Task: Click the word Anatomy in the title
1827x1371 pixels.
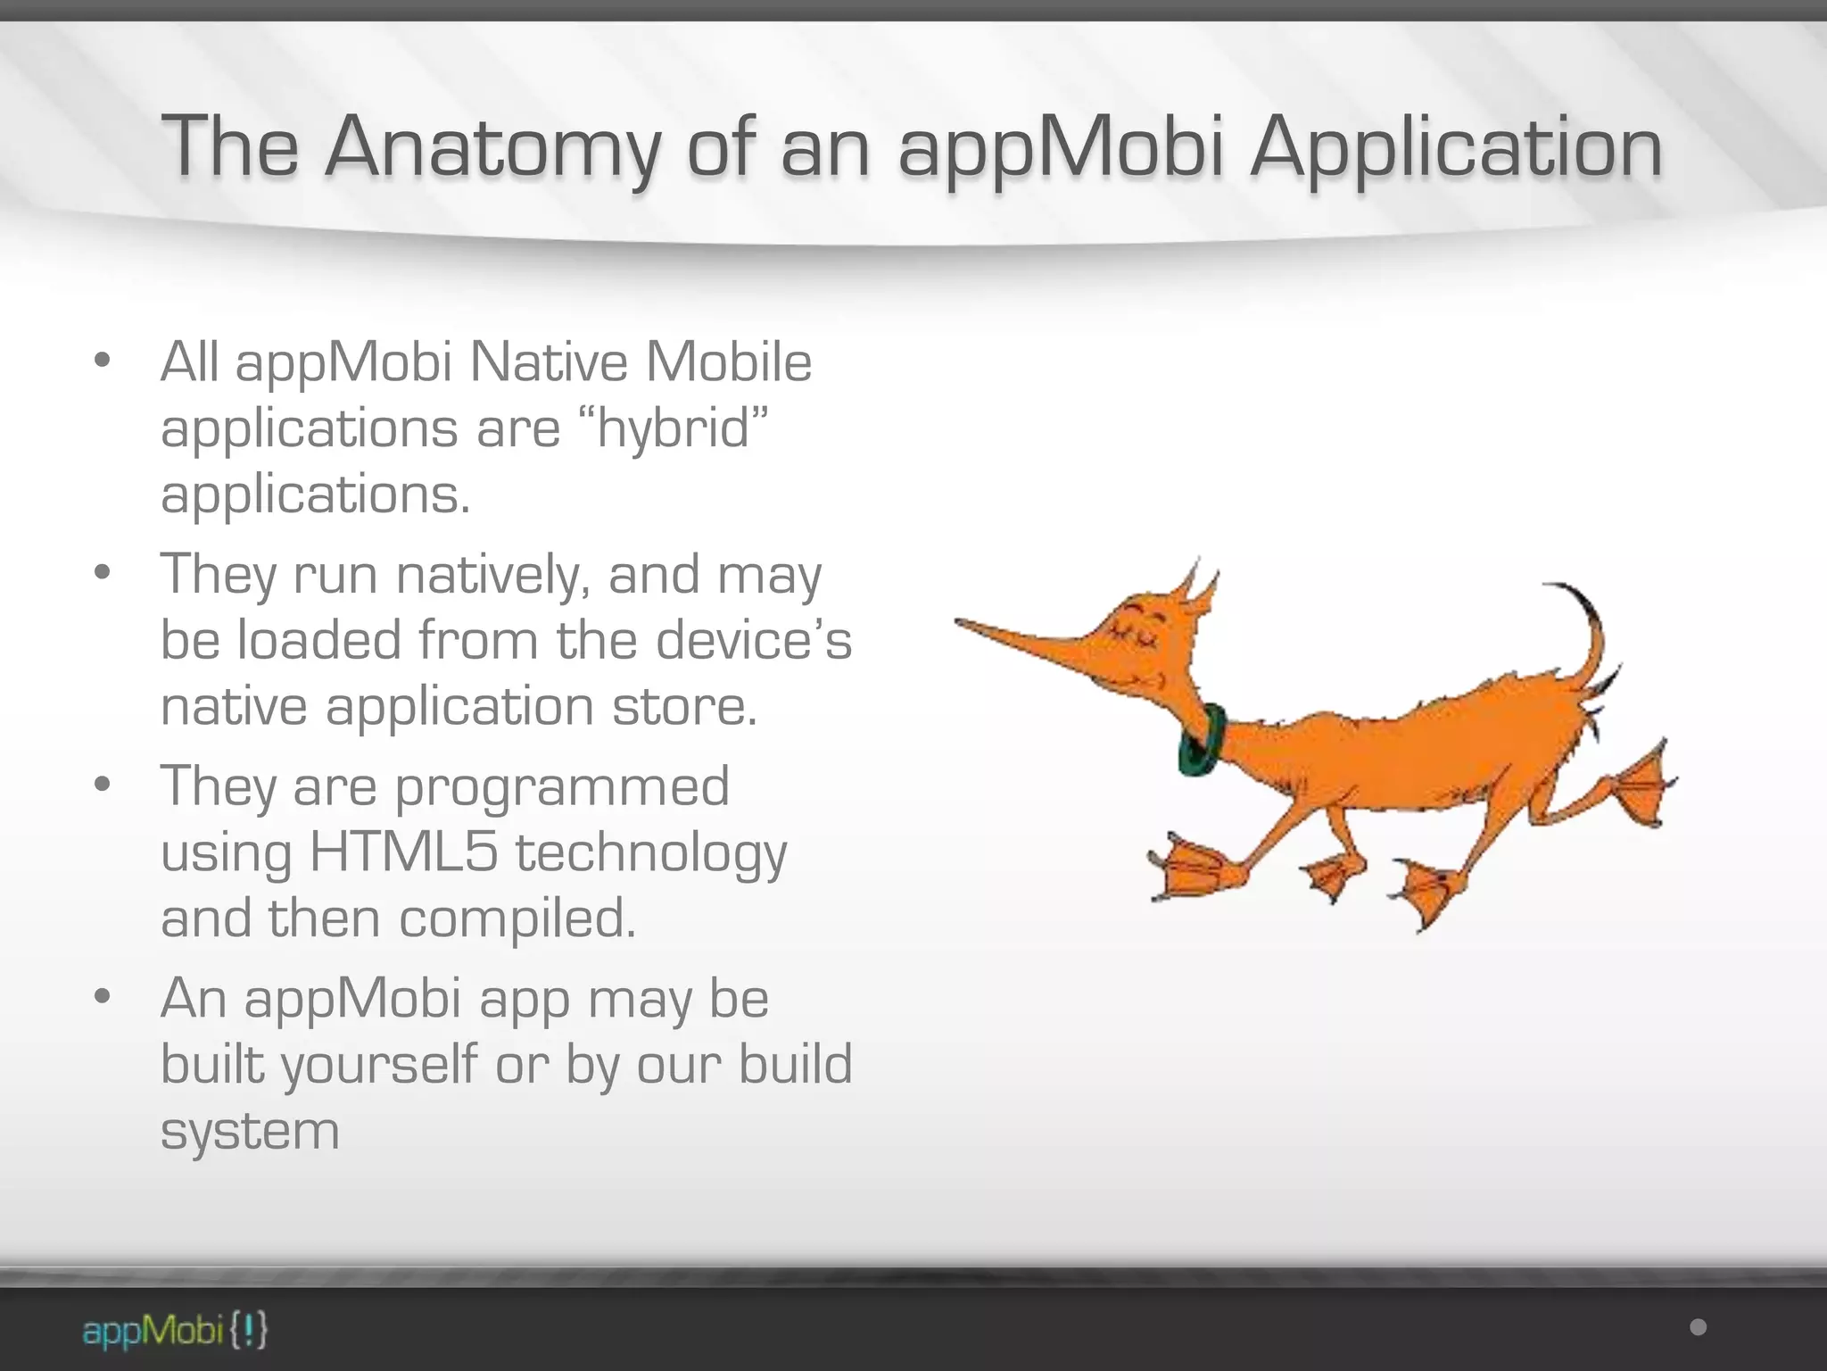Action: (492, 147)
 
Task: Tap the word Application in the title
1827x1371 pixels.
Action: (1456, 147)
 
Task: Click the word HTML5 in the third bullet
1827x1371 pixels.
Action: (403, 852)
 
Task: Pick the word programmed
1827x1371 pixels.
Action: (562, 785)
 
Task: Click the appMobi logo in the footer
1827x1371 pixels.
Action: (175, 1331)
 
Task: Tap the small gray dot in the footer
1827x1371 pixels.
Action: (1699, 1327)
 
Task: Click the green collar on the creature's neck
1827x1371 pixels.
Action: (1201, 739)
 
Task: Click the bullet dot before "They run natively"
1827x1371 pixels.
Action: (103, 571)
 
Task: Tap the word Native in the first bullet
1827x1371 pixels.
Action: (549, 362)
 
